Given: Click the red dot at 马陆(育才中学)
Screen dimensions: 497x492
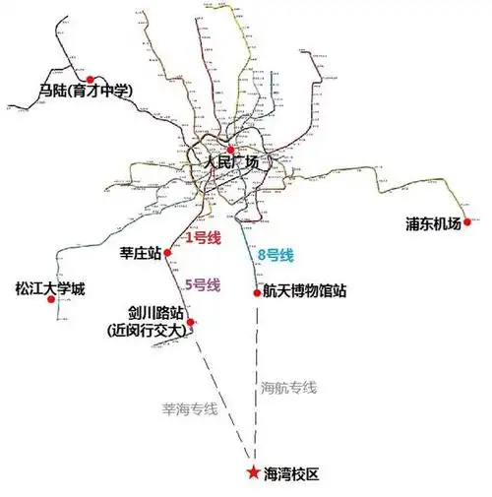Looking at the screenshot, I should point(91,79).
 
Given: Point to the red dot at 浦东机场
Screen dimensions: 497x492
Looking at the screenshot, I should point(467,221).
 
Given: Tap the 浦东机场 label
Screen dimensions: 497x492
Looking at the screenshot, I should point(433,223).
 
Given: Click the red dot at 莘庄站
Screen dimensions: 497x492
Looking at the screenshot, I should point(169,253).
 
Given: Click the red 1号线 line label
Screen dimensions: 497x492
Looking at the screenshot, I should point(203,237).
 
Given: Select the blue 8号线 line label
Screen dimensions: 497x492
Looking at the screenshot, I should point(275,256).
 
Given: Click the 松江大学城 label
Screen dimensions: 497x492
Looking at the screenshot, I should point(50,289).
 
